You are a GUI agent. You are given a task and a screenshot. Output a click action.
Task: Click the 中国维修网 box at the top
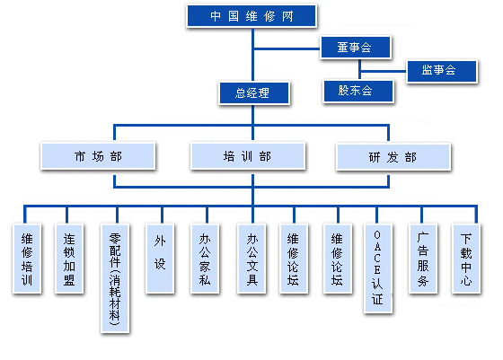coord(251,15)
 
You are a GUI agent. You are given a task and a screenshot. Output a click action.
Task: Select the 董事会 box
coord(356,47)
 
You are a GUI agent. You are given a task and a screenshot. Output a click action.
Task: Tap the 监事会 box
coord(442,71)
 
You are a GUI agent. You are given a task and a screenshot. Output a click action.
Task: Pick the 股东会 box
coord(358,91)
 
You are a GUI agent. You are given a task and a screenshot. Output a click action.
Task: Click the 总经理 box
coord(254,93)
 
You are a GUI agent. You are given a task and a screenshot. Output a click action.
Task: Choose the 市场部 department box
coord(98,156)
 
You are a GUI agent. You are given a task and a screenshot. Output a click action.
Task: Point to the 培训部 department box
coord(248,156)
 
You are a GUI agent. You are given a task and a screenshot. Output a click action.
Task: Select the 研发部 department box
coord(393,157)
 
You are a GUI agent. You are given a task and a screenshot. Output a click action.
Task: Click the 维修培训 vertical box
coord(27,259)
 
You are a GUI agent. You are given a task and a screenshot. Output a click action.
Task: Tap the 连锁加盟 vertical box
coord(69,259)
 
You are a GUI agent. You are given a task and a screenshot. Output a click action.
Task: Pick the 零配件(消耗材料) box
coord(115,278)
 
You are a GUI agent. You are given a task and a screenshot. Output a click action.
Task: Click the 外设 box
coord(160,259)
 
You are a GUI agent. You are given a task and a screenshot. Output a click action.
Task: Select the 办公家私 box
coord(205,259)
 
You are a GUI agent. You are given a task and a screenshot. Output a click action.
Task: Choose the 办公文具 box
coord(251,259)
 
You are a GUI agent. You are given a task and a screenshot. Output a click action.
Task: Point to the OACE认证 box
coord(378,268)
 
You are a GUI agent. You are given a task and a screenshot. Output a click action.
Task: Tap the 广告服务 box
coord(423,259)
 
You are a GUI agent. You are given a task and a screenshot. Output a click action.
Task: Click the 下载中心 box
coord(466,259)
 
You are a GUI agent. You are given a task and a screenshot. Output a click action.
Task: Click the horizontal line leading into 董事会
coord(287,48)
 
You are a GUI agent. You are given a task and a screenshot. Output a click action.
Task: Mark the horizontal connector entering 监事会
coord(384,71)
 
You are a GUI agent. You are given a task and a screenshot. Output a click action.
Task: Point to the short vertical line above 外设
coord(162,215)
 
